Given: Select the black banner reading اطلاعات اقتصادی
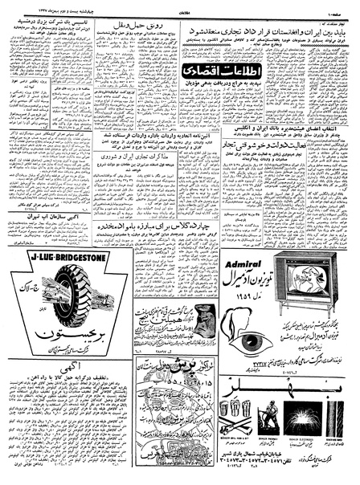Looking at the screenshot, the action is (215, 71).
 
